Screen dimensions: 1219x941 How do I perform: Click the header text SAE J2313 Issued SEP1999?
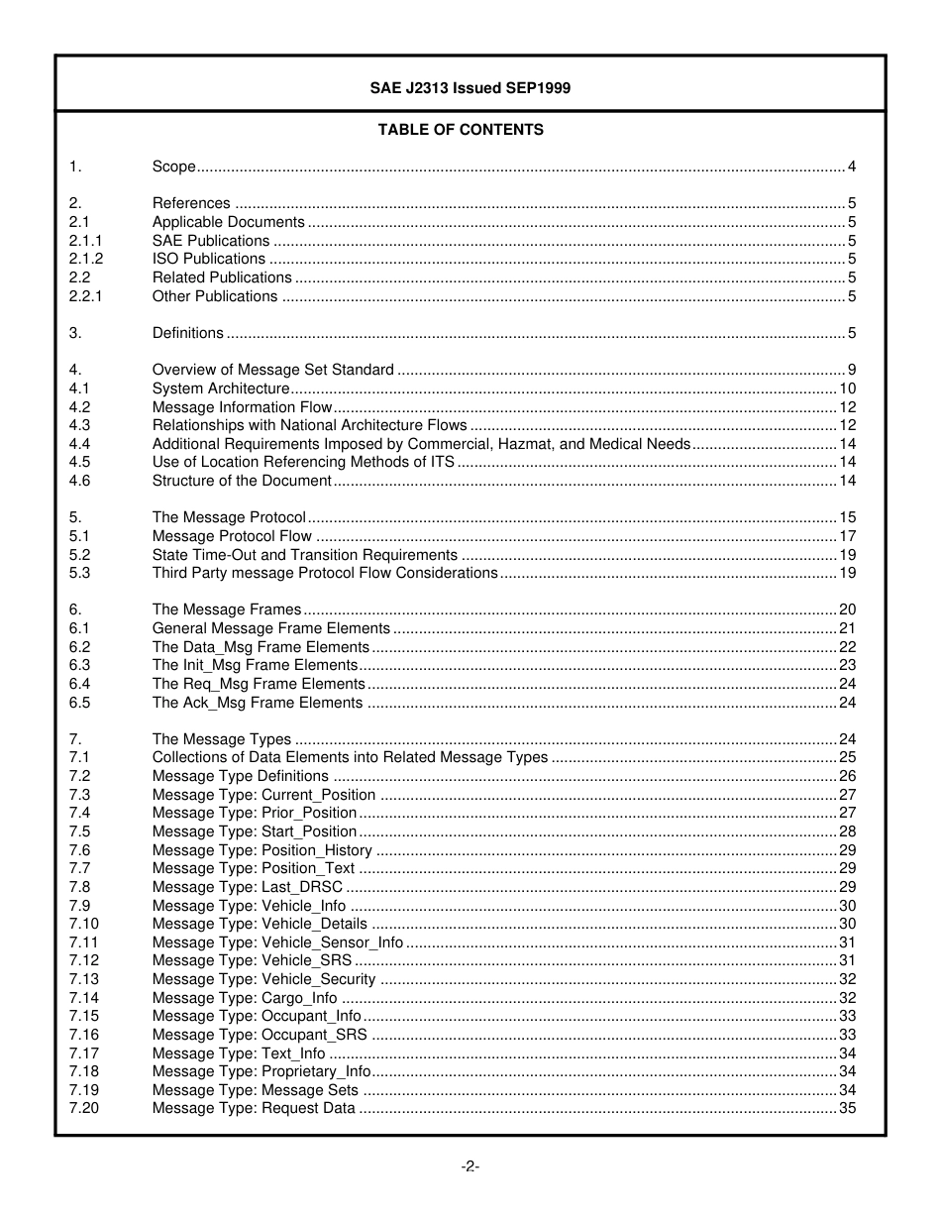pyautogui.click(x=470, y=87)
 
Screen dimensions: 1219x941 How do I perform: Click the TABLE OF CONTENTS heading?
pyautogui.click(x=461, y=130)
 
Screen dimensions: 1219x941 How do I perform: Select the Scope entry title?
pyautogui.click(x=173, y=166)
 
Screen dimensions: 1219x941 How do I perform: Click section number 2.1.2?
pyautogui.click(x=85, y=259)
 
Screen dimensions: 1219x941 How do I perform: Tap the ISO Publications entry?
pyautogui.click(x=208, y=259)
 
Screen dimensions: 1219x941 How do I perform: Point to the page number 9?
pyautogui.click(x=851, y=370)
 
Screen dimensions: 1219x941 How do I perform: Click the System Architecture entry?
pyautogui.click(x=220, y=388)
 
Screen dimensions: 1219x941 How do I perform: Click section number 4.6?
pyautogui.click(x=79, y=481)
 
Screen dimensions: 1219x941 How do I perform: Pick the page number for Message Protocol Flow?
pyautogui.click(x=847, y=536)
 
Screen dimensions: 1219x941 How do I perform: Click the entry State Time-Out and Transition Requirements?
pyautogui.click(x=304, y=555)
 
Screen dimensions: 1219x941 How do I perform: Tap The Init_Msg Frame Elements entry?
pyautogui.click(x=255, y=665)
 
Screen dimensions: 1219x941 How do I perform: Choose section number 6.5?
pyautogui.click(x=79, y=703)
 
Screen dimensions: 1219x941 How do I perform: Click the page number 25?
pyautogui.click(x=847, y=757)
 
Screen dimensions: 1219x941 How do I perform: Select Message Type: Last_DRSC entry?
pyautogui.click(x=247, y=887)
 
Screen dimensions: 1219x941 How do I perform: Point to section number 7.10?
pyautogui.click(x=83, y=924)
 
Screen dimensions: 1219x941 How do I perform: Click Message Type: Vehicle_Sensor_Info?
pyautogui.click(x=277, y=942)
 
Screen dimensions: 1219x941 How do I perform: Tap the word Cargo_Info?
pyautogui.click(x=298, y=998)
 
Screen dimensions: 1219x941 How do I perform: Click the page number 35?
pyautogui.click(x=847, y=1108)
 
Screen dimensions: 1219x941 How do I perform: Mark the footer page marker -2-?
pyautogui.click(x=470, y=1166)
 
